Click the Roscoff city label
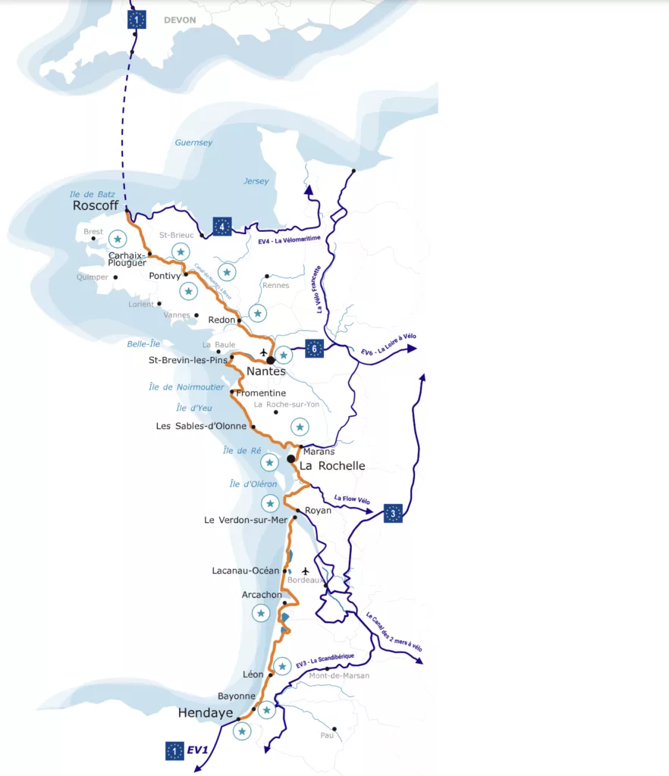[x=96, y=205]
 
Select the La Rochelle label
[x=332, y=466]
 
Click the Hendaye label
[x=206, y=712]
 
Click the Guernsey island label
[x=193, y=142]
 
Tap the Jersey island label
[x=256, y=181]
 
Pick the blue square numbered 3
[x=393, y=513]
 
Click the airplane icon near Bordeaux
[x=306, y=571]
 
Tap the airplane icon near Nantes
[x=264, y=352]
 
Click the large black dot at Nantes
[x=270, y=360]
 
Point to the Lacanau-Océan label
[x=246, y=571]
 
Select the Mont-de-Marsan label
[x=339, y=675]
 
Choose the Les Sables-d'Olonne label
[x=201, y=426]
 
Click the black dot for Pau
[x=334, y=729]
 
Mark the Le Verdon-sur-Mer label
[x=247, y=520]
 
